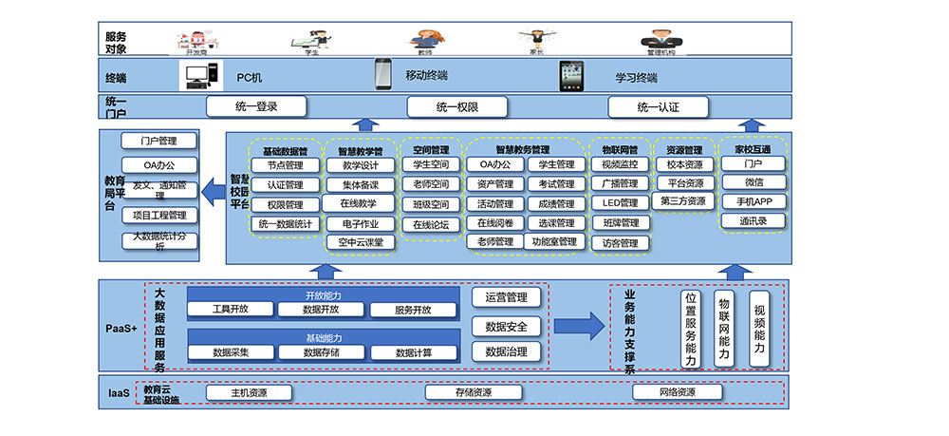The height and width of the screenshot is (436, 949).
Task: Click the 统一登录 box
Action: point(256,106)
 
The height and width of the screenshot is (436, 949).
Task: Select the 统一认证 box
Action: point(658,107)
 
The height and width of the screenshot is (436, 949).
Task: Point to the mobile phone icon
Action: point(383,74)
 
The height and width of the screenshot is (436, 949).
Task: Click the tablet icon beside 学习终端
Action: point(571,75)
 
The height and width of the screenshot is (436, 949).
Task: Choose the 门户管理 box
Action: point(159,142)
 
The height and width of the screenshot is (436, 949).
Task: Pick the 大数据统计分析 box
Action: point(159,241)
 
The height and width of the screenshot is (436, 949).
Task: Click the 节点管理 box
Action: point(285,165)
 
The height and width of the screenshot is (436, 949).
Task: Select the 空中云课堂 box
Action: point(360,242)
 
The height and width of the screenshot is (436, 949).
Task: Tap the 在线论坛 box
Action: point(431,224)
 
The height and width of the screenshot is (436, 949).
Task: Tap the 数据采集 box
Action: point(231,352)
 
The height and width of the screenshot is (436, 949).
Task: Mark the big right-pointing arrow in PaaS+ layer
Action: point(579,327)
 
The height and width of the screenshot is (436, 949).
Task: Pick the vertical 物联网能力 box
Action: point(724,328)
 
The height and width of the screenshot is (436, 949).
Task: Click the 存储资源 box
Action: point(472,392)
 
